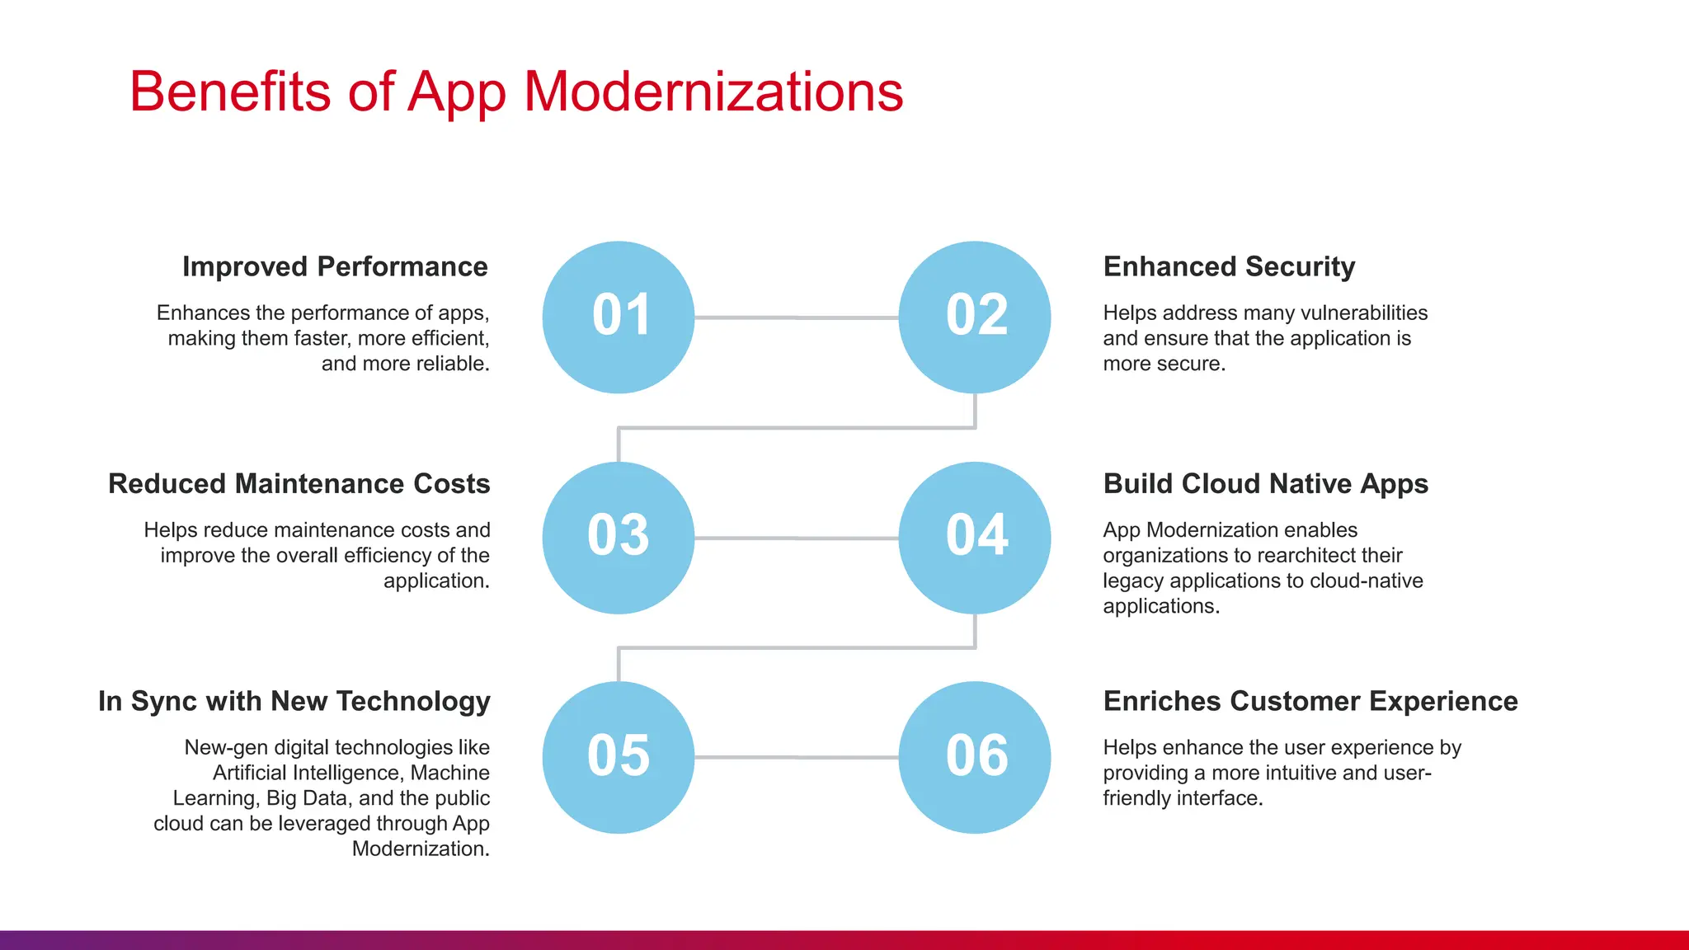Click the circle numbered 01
[619, 317]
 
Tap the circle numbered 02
[975, 317]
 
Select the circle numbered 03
[619, 538]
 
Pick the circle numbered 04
[975, 538]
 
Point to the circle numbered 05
[619, 757]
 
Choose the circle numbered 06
[975, 757]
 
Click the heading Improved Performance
[335, 266]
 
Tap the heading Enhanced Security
[1229, 266]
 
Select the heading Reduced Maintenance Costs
[299, 483]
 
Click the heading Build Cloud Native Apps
[1265, 483]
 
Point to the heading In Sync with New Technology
[294, 701]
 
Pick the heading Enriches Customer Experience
[1310, 701]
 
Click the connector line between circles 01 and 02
[796, 317]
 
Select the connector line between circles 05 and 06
[796, 757]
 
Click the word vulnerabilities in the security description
[1363, 313]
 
